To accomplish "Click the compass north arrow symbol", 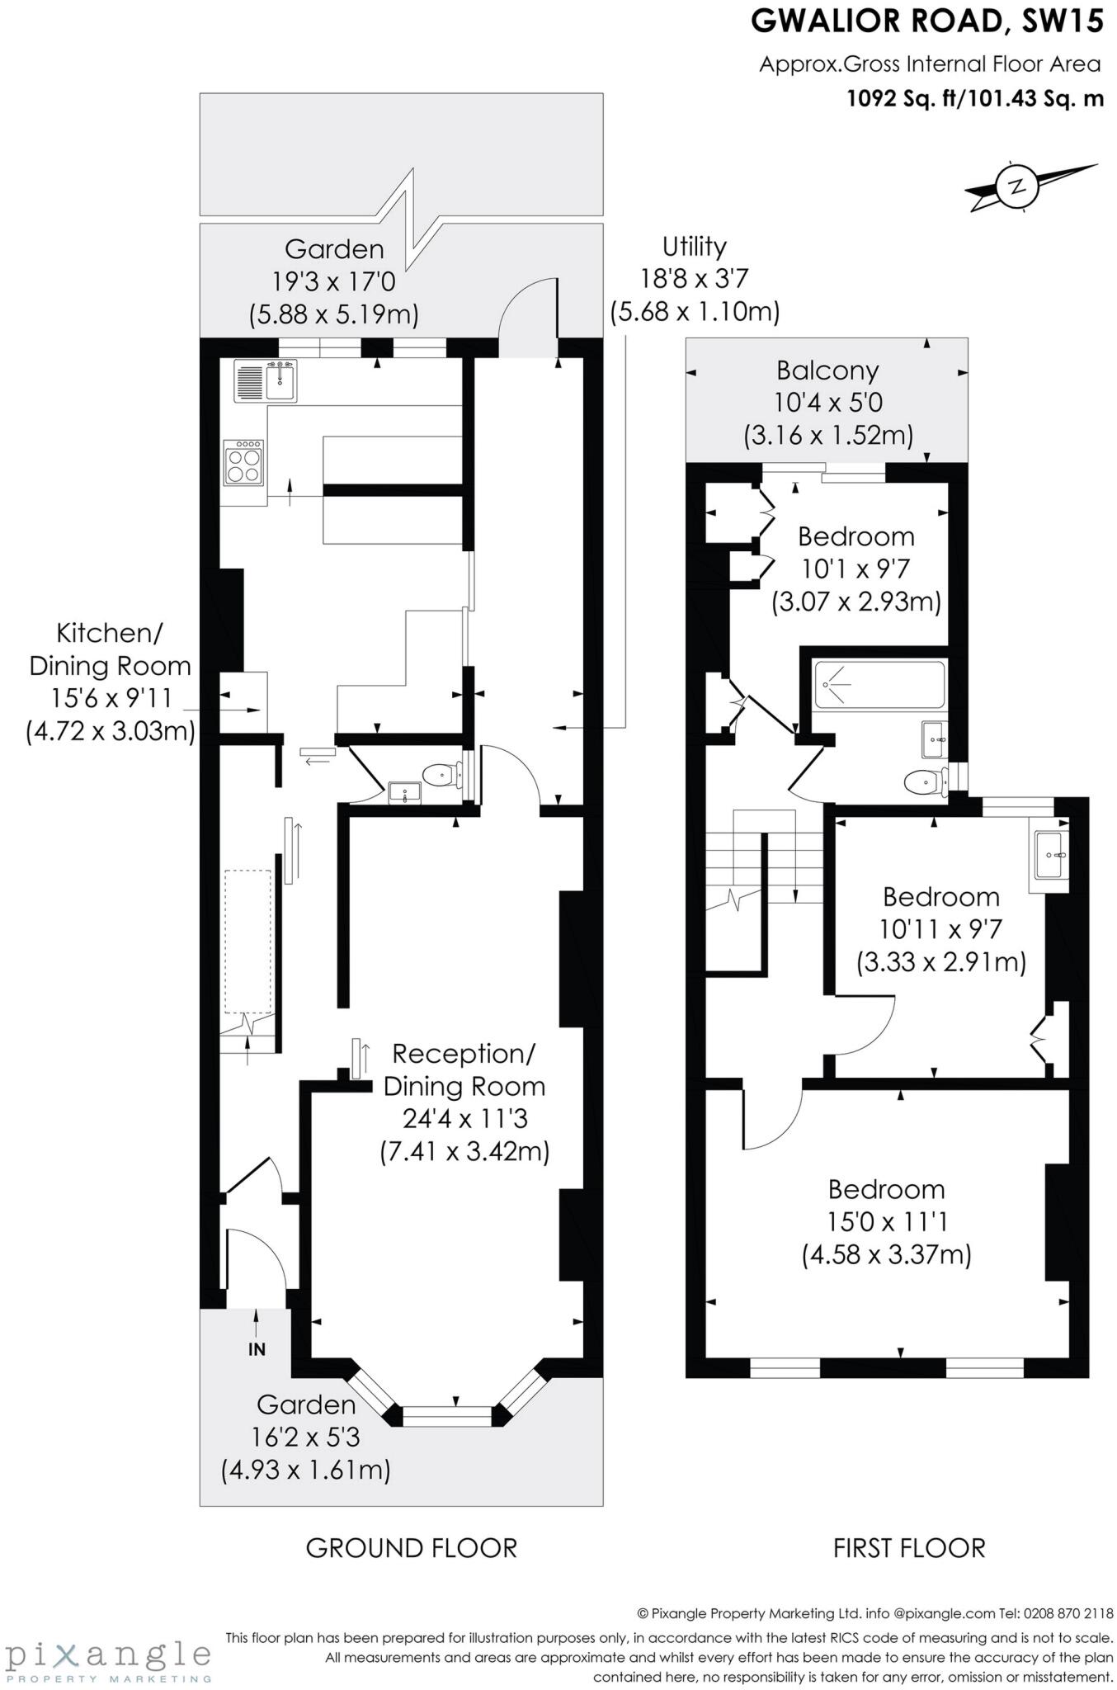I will point(1020,186).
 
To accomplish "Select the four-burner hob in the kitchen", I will point(244,462).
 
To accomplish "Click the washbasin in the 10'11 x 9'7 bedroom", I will point(1049,856).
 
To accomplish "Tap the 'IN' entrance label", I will point(257,1349).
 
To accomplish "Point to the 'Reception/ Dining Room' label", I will point(464,1069).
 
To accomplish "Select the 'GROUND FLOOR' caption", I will point(411,1547).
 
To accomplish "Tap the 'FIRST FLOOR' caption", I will point(909,1547).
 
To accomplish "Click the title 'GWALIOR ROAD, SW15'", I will point(926,21).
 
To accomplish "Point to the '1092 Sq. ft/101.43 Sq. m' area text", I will point(975,99).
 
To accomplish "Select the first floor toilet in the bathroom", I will point(925,781).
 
